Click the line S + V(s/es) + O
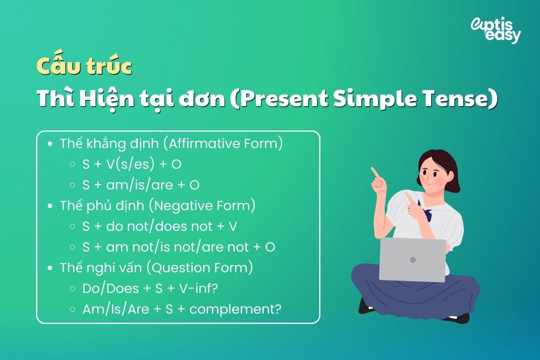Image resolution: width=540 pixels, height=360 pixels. click(x=131, y=165)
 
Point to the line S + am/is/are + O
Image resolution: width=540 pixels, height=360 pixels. click(x=140, y=185)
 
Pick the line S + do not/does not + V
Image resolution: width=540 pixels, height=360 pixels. click(x=159, y=226)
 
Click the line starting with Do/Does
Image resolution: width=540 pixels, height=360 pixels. click(x=150, y=288)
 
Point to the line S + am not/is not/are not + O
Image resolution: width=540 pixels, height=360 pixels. click(x=179, y=247)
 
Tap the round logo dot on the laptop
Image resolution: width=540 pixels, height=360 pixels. click(x=413, y=260)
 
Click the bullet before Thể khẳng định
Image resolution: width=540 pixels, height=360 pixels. click(x=50, y=144)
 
